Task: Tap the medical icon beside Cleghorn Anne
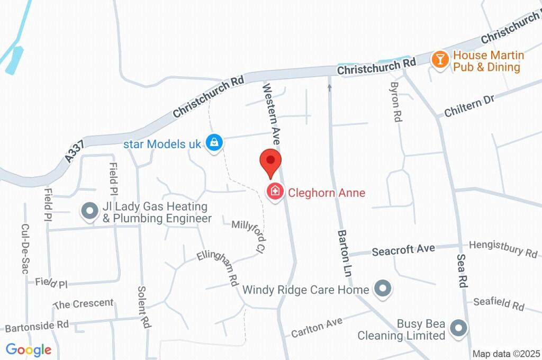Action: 275,191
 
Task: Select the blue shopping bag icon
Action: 214,142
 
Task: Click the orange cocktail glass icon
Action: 440,59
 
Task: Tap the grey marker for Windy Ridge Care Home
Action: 382,289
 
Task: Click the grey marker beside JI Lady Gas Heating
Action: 89,212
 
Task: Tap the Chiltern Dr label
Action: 469,106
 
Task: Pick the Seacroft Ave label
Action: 403,249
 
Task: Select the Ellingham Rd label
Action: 218,268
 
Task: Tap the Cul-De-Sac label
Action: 24,248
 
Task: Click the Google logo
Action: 29,350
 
